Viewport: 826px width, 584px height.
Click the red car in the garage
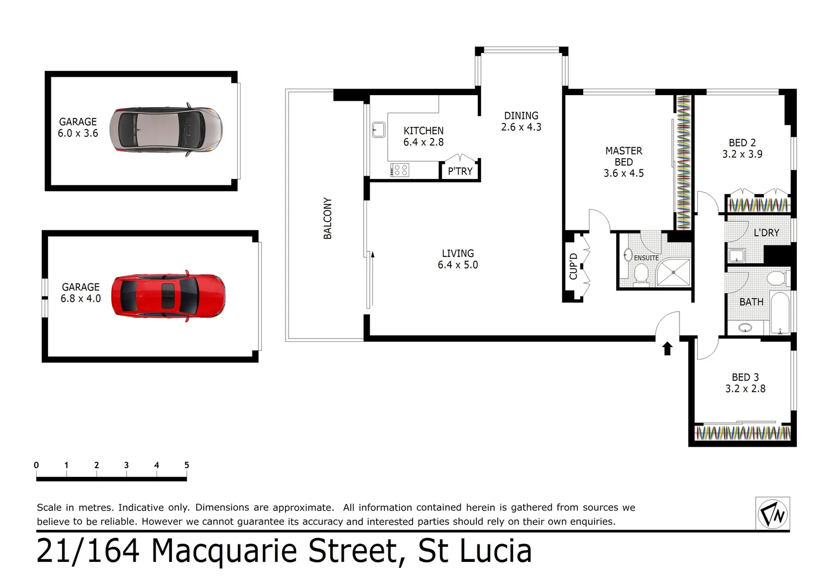click(x=168, y=296)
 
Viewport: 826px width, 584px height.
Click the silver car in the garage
click(x=166, y=130)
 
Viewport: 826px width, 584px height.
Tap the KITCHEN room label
click(x=423, y=131)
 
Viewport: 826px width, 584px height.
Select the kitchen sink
click(x=378, y=130)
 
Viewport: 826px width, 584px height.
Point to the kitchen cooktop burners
click(x=399, y=170)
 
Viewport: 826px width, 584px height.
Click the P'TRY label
click(x=460, y=171)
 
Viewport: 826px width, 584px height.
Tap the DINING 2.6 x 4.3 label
click(x=521, y=122)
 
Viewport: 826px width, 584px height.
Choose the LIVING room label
click(x=458, y=254)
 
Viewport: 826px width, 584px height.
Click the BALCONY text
click(x=328, y=218)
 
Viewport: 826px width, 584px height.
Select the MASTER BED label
click(x=624, y=156)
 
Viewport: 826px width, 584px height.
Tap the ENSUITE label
click(x=647, y=258)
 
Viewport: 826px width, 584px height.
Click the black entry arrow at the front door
click(x=667, y=348)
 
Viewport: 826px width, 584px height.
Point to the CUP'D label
click(x=574, y=267)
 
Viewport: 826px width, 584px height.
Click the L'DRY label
click(x=767, y=233)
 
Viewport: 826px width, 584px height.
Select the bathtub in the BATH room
click(x=780, y=313)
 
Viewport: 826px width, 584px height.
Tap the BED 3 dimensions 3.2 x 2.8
click(x=745, y=389)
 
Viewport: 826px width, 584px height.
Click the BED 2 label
click(x=742, y=143)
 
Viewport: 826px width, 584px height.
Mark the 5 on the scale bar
click(x=186, y=465)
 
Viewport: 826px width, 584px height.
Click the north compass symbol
click(x=773, y=513)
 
